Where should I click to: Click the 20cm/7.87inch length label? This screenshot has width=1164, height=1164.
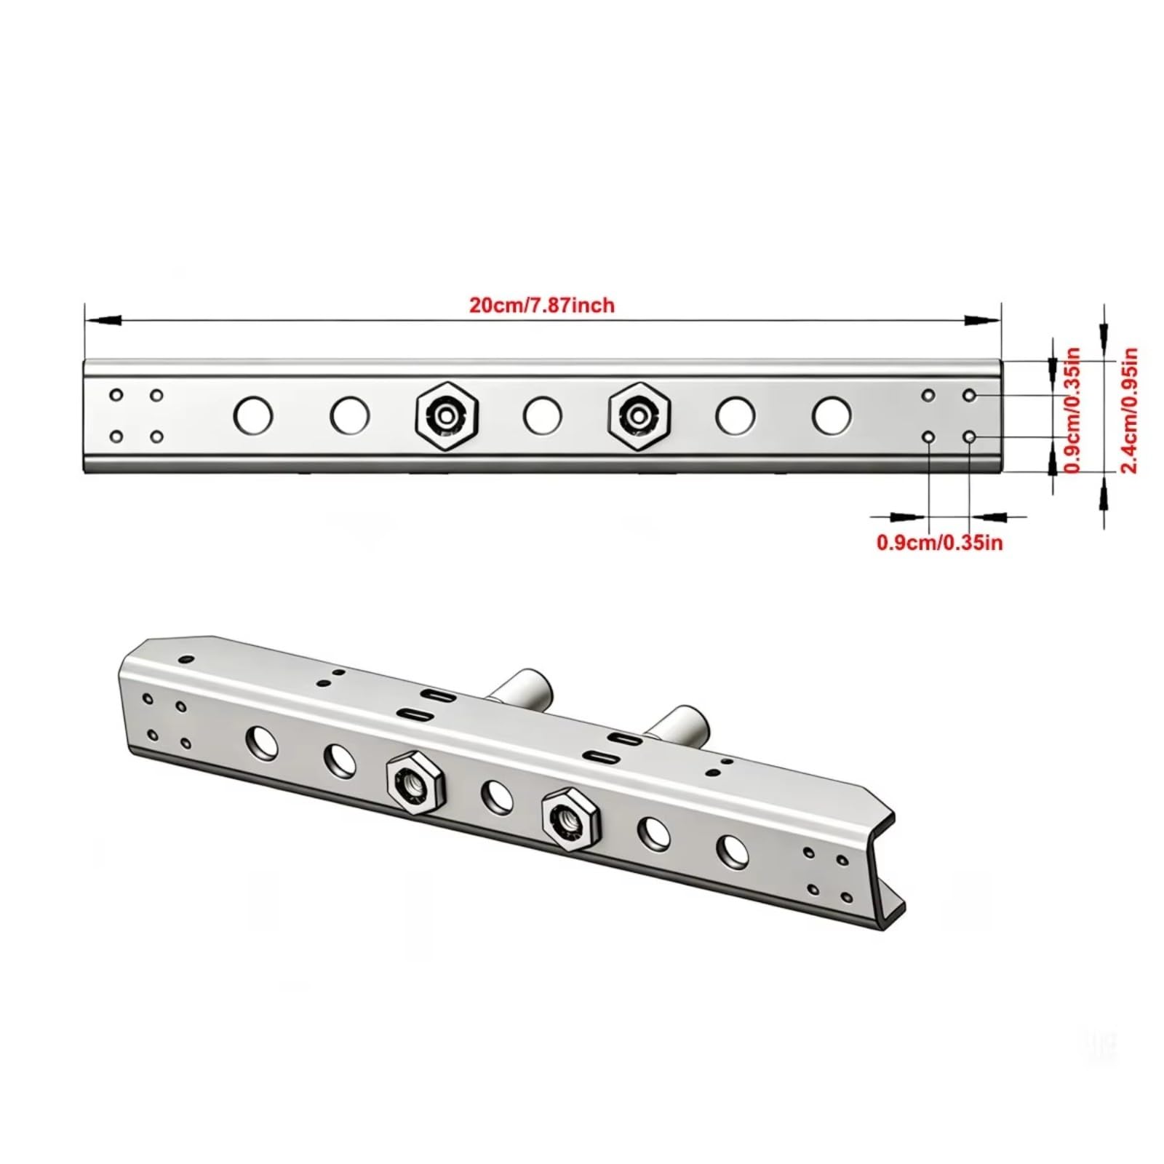[x=541, y=305]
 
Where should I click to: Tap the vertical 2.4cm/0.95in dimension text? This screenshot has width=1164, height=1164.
[x=1128, y=411]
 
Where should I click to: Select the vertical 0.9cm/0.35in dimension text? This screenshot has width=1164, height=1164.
[x=1072, y=411]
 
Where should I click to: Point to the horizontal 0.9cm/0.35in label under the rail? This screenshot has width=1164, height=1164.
[x=940, y=542]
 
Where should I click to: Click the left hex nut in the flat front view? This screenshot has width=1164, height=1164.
[x=447, y=417]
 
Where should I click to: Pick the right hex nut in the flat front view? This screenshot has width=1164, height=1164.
[x=639, y=417]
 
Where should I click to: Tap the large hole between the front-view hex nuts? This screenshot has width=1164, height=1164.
[x=542, y=416]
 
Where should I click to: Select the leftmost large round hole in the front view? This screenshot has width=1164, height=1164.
[x=253, y=415]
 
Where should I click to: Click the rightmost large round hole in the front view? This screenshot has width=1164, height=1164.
[x=832, y=415]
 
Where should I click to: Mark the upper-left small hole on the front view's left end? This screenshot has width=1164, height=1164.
[x=116, y=395]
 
